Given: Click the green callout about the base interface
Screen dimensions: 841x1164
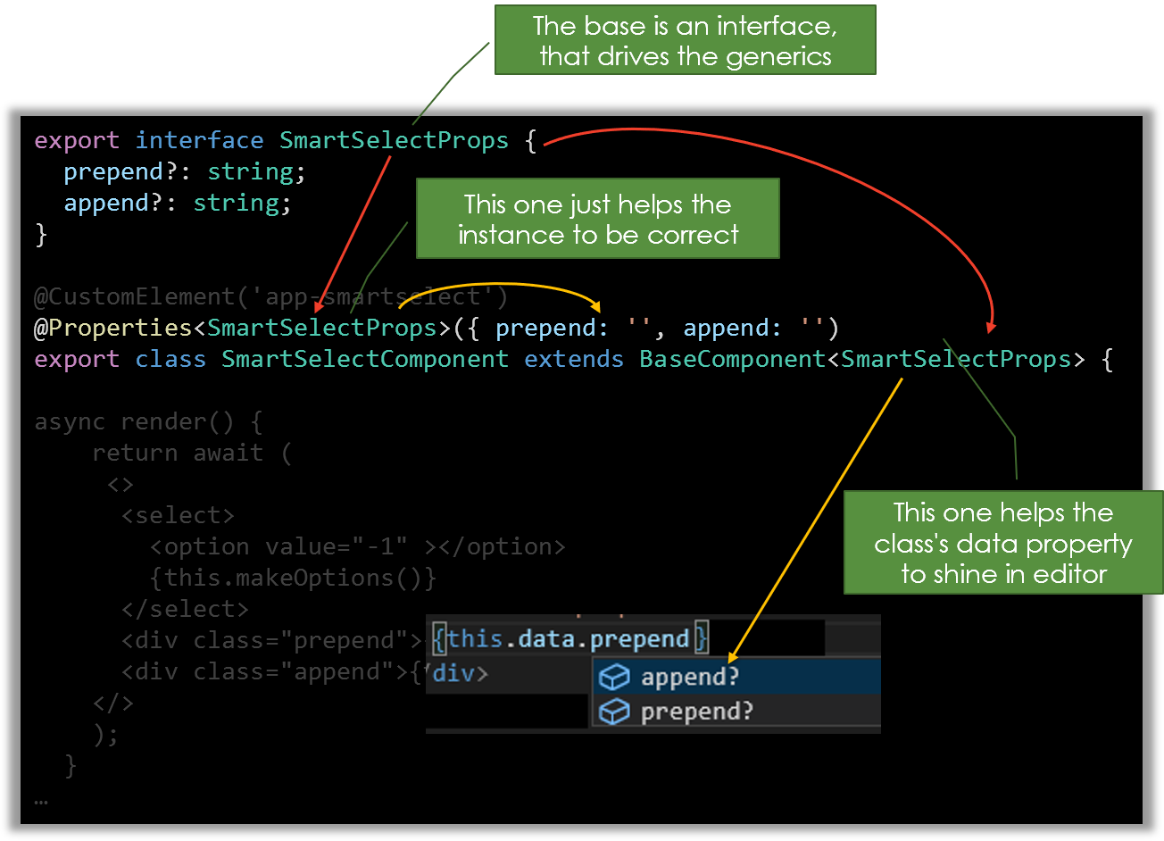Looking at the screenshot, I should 686,40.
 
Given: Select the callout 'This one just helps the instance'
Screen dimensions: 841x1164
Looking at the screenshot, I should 598,219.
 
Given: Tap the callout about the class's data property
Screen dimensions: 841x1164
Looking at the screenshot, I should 1003,543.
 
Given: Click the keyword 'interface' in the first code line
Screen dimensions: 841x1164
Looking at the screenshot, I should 199,140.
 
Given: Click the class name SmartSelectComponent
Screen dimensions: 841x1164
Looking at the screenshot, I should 365,359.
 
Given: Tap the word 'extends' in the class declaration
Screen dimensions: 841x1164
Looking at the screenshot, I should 573,359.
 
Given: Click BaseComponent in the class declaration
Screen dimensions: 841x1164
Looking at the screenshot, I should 732,359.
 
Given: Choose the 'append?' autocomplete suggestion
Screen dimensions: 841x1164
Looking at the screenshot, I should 689,677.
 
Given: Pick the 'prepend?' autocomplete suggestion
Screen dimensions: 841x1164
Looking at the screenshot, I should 696,712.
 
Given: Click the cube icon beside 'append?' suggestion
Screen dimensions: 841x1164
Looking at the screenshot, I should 614,678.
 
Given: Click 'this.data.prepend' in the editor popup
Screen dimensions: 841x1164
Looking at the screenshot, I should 568,639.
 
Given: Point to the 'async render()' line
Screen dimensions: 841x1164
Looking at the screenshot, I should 148,421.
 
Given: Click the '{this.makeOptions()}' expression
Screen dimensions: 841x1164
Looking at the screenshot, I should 294,578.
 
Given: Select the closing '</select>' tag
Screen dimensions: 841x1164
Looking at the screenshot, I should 186,609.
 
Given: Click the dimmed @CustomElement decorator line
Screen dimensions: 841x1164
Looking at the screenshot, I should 270,296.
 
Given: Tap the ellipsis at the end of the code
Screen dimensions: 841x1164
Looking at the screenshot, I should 41,801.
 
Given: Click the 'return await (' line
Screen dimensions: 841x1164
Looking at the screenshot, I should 192,453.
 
